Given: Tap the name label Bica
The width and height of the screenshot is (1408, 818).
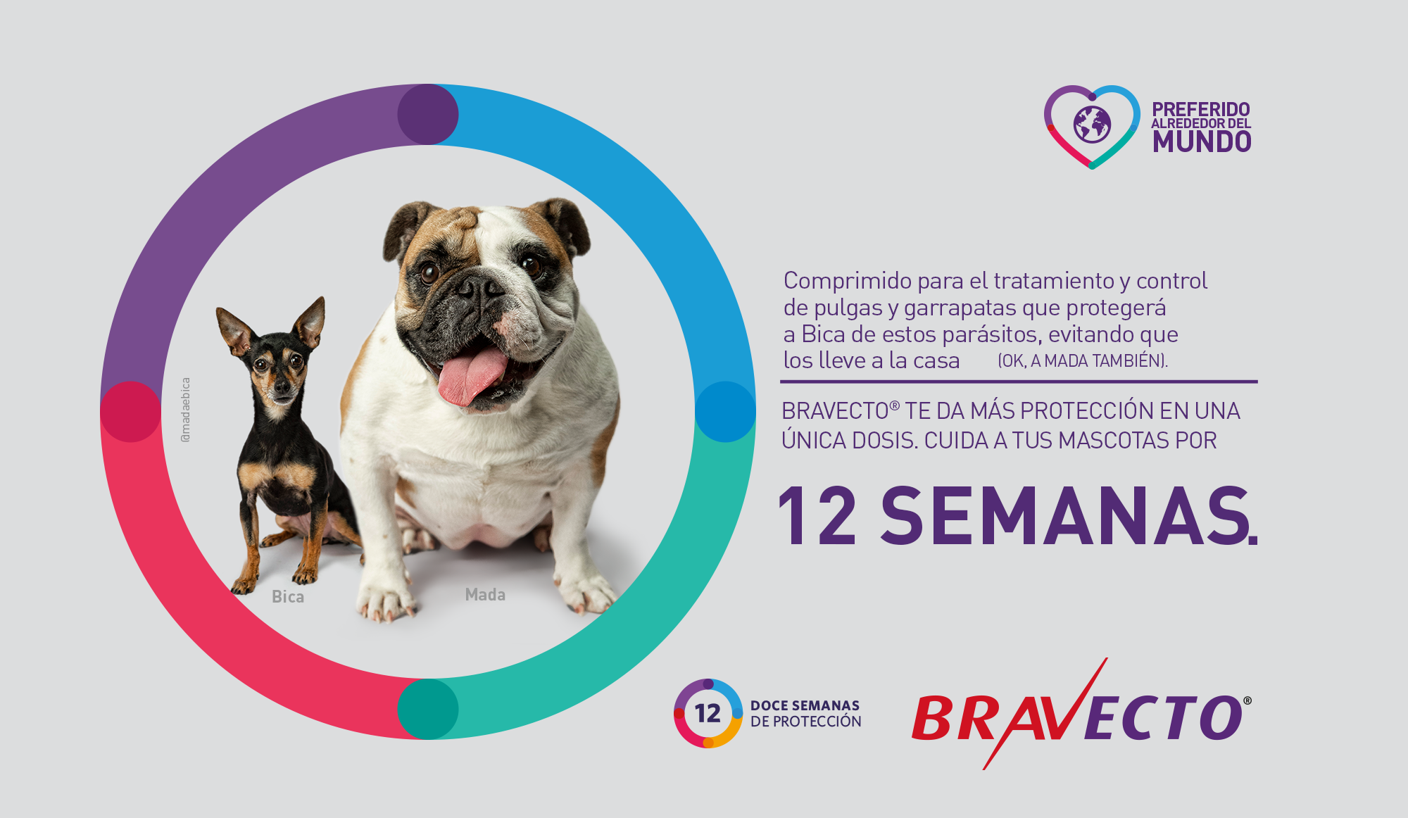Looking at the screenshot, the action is point(288,596).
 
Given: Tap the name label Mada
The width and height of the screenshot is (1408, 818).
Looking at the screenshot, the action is point(485,594).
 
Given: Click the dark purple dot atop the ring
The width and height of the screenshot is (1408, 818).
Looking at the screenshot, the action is point(428,114).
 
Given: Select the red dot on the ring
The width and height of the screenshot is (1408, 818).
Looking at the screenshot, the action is point(131,412).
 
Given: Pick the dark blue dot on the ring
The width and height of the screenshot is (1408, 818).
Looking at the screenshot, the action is point(725,412).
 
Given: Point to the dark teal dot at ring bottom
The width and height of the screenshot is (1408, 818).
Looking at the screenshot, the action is point(428,709).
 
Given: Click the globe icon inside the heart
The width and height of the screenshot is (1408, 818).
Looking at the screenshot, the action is point(1092,125).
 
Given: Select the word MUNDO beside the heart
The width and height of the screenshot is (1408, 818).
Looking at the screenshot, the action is point(1202,142).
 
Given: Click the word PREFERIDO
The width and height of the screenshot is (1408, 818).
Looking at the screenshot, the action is point(1201,109).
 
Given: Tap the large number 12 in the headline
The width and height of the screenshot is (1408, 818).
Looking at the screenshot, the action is point(817,516).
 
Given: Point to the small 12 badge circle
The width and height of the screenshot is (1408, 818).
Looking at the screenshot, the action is point(708,713).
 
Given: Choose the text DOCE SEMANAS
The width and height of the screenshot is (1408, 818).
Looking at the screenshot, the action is point(805,705).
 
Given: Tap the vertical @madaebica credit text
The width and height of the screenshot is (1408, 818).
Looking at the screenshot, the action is point(186,410).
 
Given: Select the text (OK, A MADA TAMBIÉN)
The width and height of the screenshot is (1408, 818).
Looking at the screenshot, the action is point(1083,360).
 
